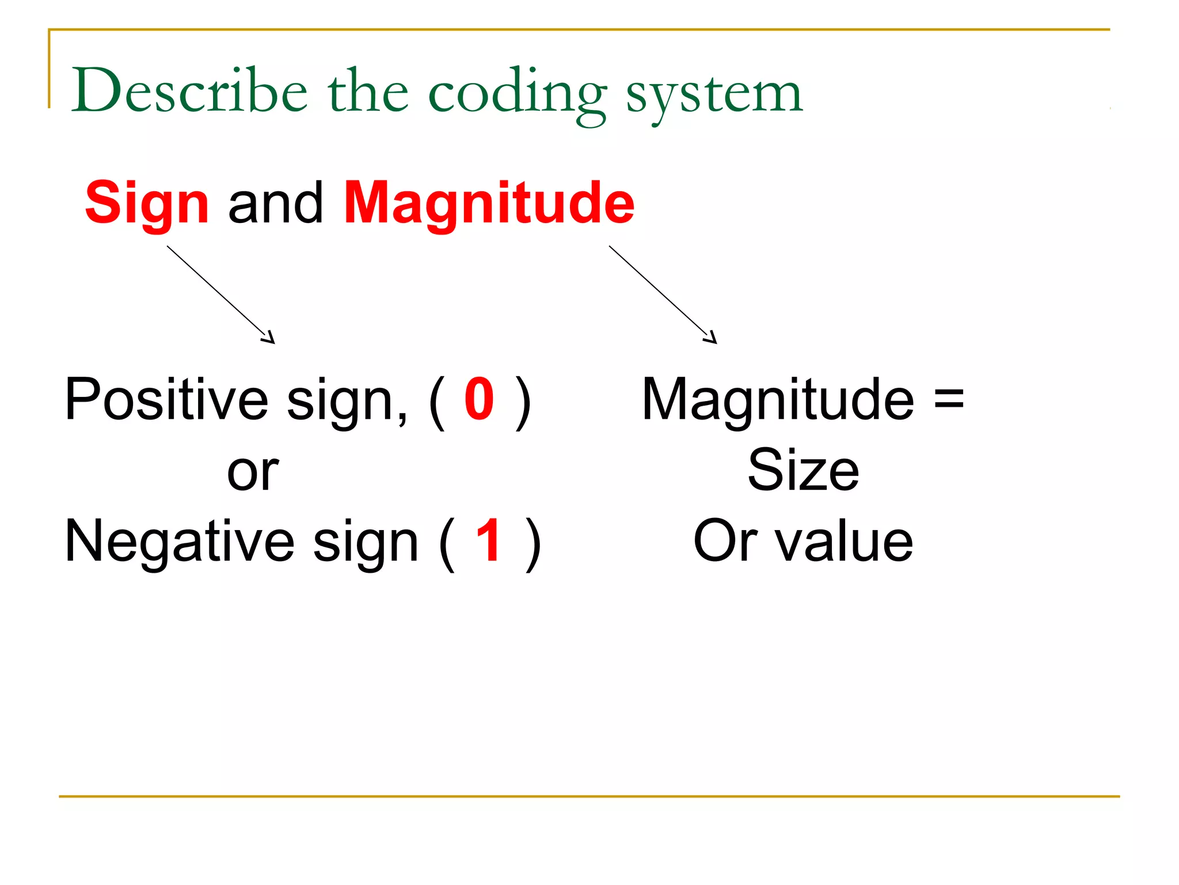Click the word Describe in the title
tap(189, 92)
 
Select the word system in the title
tap(714, 95)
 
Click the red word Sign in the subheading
tap(147, 203)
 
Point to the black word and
tap(276, 203)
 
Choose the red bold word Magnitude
tap(489, 203)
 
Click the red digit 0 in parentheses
tap(479, 399)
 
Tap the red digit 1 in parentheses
tap(489, 540)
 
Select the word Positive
tap(166, 399)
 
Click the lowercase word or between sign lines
tap(253, 472)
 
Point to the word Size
tap(803, 471)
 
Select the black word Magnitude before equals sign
tap(778, 399)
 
